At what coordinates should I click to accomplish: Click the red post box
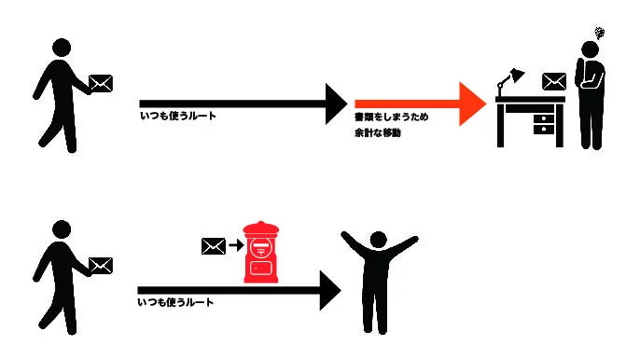pos(261,252)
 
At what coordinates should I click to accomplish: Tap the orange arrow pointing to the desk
pos(421,104)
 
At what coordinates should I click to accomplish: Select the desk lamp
pos(509,82)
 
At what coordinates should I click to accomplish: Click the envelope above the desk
pos(554,81)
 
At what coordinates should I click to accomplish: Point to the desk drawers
pos(544,124)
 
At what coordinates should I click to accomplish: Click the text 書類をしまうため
pos(391,118)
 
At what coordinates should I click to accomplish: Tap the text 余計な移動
pos(378,132)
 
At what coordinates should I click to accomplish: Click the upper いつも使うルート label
pos(178,116)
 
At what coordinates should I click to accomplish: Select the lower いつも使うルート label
pos(175,302)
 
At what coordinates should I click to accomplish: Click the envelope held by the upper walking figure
pos(101,84)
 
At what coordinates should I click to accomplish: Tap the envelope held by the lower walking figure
pos(101,266)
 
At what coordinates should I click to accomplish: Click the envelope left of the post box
pos(214,246)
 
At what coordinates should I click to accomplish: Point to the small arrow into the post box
pos(236,245)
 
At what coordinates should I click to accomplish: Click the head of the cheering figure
pos(378,240)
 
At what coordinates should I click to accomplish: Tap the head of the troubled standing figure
pos(590,49)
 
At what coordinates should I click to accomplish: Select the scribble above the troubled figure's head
pos(599,33)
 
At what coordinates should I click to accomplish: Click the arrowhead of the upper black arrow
pos(336,104)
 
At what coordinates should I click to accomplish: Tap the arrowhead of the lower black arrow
pos(330,290)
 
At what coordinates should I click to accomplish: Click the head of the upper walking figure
pos(62,48)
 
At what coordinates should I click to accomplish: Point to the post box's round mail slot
pos(261,248)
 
